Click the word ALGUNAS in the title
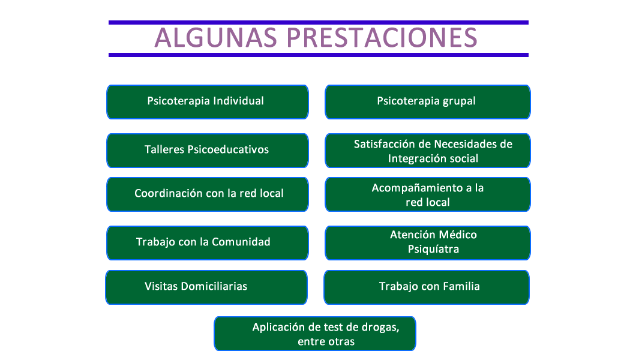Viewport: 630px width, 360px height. tap(216, 38)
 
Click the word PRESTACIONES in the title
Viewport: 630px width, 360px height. tap(382, 38)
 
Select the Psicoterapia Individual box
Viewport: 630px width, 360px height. tap(208, 102)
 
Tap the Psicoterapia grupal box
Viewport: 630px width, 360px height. tap(427, 102)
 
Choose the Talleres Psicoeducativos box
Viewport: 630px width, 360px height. tap(208, 151)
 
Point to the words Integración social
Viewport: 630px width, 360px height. tap(433, 159)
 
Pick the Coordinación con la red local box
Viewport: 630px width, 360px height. tap(208, 194)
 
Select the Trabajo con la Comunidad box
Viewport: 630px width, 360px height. tap(208, 243)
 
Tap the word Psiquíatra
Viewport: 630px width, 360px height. tap(433, 249)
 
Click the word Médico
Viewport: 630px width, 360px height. tap(458, 235)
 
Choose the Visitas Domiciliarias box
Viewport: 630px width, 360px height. tap(206, 287)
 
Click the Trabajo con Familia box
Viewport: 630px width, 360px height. tap(426, 287)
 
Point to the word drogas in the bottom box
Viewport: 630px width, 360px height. tap(380, 328)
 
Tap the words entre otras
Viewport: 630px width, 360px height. tap(326, 342)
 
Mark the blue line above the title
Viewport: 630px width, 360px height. tap(319, 23)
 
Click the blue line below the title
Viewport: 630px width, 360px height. tap(319, 55)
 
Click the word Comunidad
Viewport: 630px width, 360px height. tap(241, 242)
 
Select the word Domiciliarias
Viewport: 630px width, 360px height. tap(214, 286)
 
